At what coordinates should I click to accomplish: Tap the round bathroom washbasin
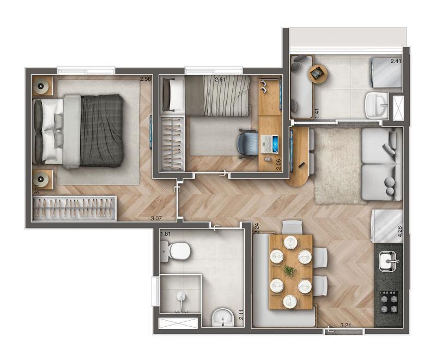tap(223, 317)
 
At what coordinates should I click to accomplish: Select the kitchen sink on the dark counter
tap(387, 261)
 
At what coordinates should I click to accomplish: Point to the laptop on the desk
tap(269, 143)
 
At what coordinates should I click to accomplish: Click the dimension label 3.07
tap(156, 218)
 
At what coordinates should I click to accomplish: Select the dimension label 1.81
tap(166, 233)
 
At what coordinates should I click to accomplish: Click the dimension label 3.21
tap(346, 325)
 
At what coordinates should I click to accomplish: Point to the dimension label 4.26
tap(400, 231)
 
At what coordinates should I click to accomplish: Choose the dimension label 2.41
tap(396, 61)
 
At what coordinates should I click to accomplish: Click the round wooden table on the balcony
tap(318, 74)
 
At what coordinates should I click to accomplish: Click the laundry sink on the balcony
tap(377, 105)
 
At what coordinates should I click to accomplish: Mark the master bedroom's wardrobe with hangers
tap(74, 208)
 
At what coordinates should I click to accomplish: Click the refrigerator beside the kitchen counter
tap(387, 226)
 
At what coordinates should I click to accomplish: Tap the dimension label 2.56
tap(146, 79)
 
